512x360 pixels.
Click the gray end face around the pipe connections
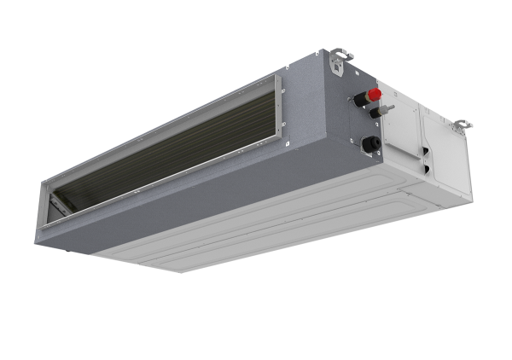337,128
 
